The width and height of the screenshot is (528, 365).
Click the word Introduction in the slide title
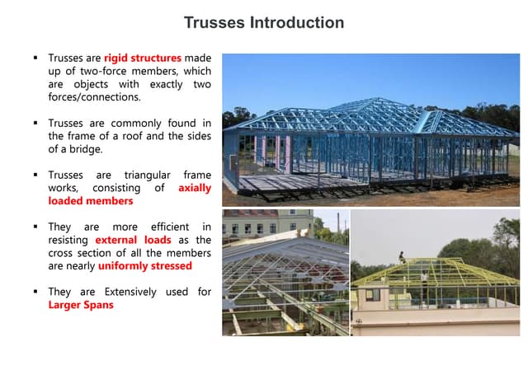point(297,22)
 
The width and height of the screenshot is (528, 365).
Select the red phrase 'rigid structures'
point(142,58)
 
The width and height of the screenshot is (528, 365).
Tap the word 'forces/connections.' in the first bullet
point(95,97)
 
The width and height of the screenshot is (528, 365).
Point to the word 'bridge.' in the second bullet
point(87,149)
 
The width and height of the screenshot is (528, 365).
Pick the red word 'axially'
point(195,188)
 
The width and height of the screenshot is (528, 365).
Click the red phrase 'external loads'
point(138,240)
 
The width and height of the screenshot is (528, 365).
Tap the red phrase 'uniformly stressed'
point(144,266)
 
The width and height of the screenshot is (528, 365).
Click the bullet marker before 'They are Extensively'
point(36,292)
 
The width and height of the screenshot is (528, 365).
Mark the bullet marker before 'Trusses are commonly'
point(36,123)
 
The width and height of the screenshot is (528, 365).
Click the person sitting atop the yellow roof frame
point(402,256)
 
